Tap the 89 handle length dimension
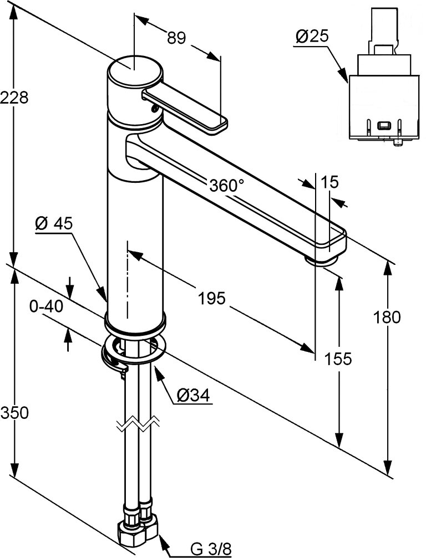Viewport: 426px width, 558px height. pyautogui.click(x=176, y=38)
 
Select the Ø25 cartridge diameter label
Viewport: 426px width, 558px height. pyautogui.click(x=312, y=37)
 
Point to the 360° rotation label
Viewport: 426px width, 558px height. pyautogui.click(x=227, y=186)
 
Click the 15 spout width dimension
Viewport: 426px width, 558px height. pyautogui.click(x=329, y=182)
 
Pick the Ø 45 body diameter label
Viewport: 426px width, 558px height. pyautogui.click(x=54, y=223)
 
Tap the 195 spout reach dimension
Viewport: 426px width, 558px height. pyautogui.click(x=212, y=299)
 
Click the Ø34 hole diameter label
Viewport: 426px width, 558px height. pyautogui.click(x=192, y=395)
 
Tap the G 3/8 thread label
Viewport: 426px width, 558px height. pyautogui.click(x=211, y=549)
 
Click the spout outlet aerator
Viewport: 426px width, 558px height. pyautogui.click(x=322, y=259)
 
